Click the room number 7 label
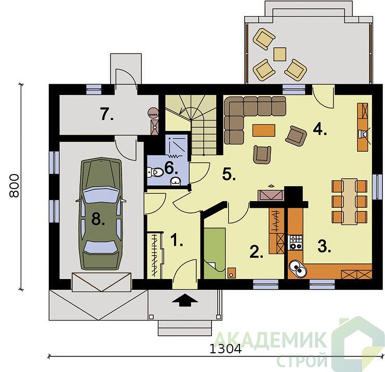[107, 114]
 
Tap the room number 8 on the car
[98, 219]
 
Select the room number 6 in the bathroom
[171, 168]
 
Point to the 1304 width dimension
[225, 349]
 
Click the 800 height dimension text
[14, 185]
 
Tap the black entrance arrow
[184, 300]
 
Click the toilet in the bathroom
[155, 172]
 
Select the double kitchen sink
[298, 269]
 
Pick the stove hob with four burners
[296, 242]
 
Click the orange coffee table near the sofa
[264, 130]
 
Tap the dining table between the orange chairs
[349, 202]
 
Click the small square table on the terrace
[280, 54]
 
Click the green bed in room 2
[215, 253]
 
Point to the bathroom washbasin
[176, 181]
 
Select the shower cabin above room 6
[176, 146]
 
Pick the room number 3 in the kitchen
[324, 246]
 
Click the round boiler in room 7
[153, 113]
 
